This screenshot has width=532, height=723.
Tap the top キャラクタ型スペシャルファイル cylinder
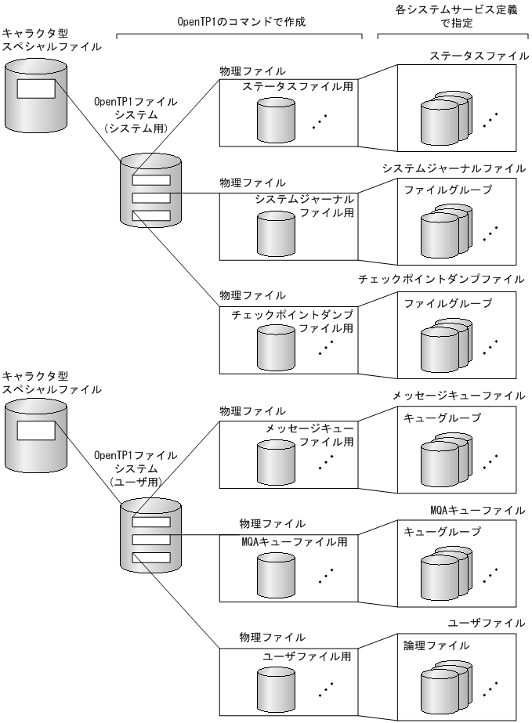pyautogui.click(x=36, y=95)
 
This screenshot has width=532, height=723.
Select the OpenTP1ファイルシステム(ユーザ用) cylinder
pyautogui.click(x=150, y=540)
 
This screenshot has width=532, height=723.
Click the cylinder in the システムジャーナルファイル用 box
pyautogui.click(x=274, y=231)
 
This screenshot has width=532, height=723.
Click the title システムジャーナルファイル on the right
pyautogui.click(x=454, y=168)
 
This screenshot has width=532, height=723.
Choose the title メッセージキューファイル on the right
pyautogui.click(x=459, y=396)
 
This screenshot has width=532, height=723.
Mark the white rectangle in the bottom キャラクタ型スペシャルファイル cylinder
pyautogui.click(x=36, y=430)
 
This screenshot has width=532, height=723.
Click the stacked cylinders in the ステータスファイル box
pyautogui.click(x=443, y=117)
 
